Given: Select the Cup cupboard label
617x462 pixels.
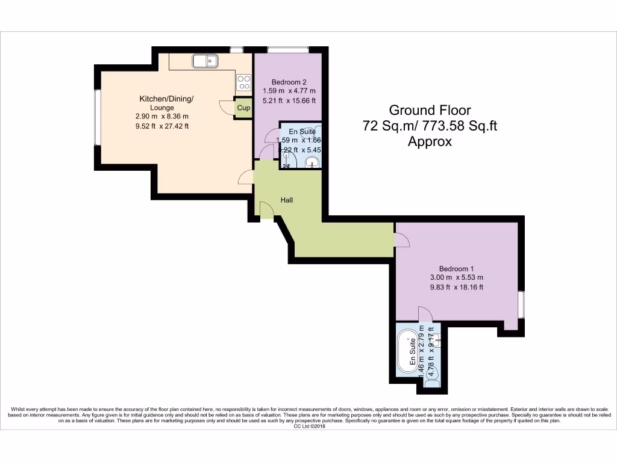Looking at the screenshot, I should click(243, 108).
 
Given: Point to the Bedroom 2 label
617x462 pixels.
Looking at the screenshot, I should click(289, 82).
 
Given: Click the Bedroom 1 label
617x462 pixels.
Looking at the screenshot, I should click(456, 268).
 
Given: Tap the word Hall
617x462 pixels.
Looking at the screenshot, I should click(286, 200).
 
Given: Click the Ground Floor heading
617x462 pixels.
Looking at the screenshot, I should click(430, 110).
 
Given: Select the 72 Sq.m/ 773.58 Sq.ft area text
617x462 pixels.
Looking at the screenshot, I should click(430, 126).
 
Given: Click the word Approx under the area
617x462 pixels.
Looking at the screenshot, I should click(430, 142).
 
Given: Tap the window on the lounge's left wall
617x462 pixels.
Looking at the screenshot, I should click(96, 117).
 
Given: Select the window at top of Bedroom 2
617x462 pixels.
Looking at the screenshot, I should click(288, 49).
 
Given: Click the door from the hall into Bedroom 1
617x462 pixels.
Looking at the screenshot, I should click(402, 239).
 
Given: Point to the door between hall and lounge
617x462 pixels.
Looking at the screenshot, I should click(245, 176).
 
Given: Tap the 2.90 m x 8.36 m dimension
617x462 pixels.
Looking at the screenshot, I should click(161, 117).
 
